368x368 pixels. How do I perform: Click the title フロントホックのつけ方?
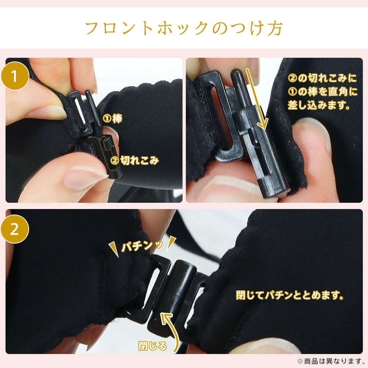184,28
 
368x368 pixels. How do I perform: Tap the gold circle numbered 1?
15,76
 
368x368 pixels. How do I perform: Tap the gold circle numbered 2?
15,229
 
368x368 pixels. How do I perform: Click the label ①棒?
112,118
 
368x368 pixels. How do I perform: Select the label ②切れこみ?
135,160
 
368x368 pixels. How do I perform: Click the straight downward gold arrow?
257,99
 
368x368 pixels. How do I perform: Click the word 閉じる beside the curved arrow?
153,346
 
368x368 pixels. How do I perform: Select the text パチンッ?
142,247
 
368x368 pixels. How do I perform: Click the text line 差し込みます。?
319,105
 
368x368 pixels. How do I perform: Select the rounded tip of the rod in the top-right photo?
237,73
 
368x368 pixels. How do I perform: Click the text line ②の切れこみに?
322,78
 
